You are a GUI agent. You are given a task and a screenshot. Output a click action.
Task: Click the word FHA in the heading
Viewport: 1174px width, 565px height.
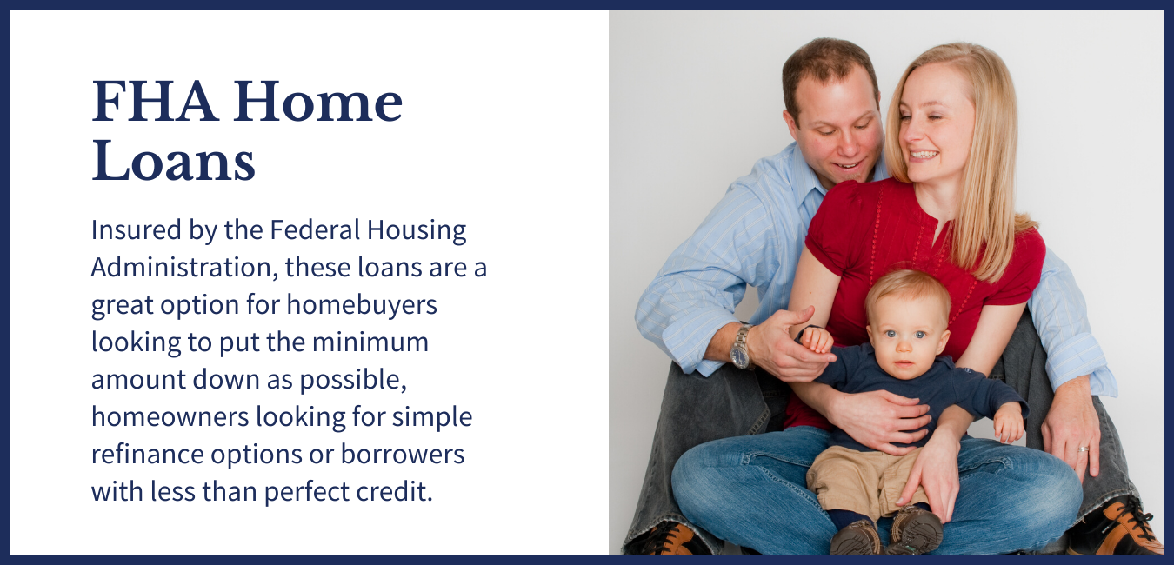pos(155,101)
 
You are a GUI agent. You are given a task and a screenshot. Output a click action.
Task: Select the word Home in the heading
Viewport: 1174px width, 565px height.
pos(318,101)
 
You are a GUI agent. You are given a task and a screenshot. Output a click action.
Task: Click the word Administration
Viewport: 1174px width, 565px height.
pos(184,267)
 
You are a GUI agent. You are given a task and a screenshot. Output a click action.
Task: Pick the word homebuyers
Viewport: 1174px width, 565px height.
pos(362,305)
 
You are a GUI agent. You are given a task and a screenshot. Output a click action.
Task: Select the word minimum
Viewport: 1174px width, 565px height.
pos(370,342)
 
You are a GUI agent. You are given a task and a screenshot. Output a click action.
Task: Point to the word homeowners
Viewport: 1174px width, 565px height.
pos(170,417)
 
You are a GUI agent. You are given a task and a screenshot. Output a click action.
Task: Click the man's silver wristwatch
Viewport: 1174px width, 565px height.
pos(741,347)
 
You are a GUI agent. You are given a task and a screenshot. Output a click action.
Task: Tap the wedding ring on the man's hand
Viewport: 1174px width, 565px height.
pos(1083,449)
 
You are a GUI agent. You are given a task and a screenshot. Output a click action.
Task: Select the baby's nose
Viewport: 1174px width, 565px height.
pos(903,345)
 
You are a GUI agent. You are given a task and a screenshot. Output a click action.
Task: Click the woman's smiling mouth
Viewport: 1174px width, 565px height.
pos(923,155)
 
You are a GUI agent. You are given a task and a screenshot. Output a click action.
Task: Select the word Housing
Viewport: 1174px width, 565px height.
pos(417,230)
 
